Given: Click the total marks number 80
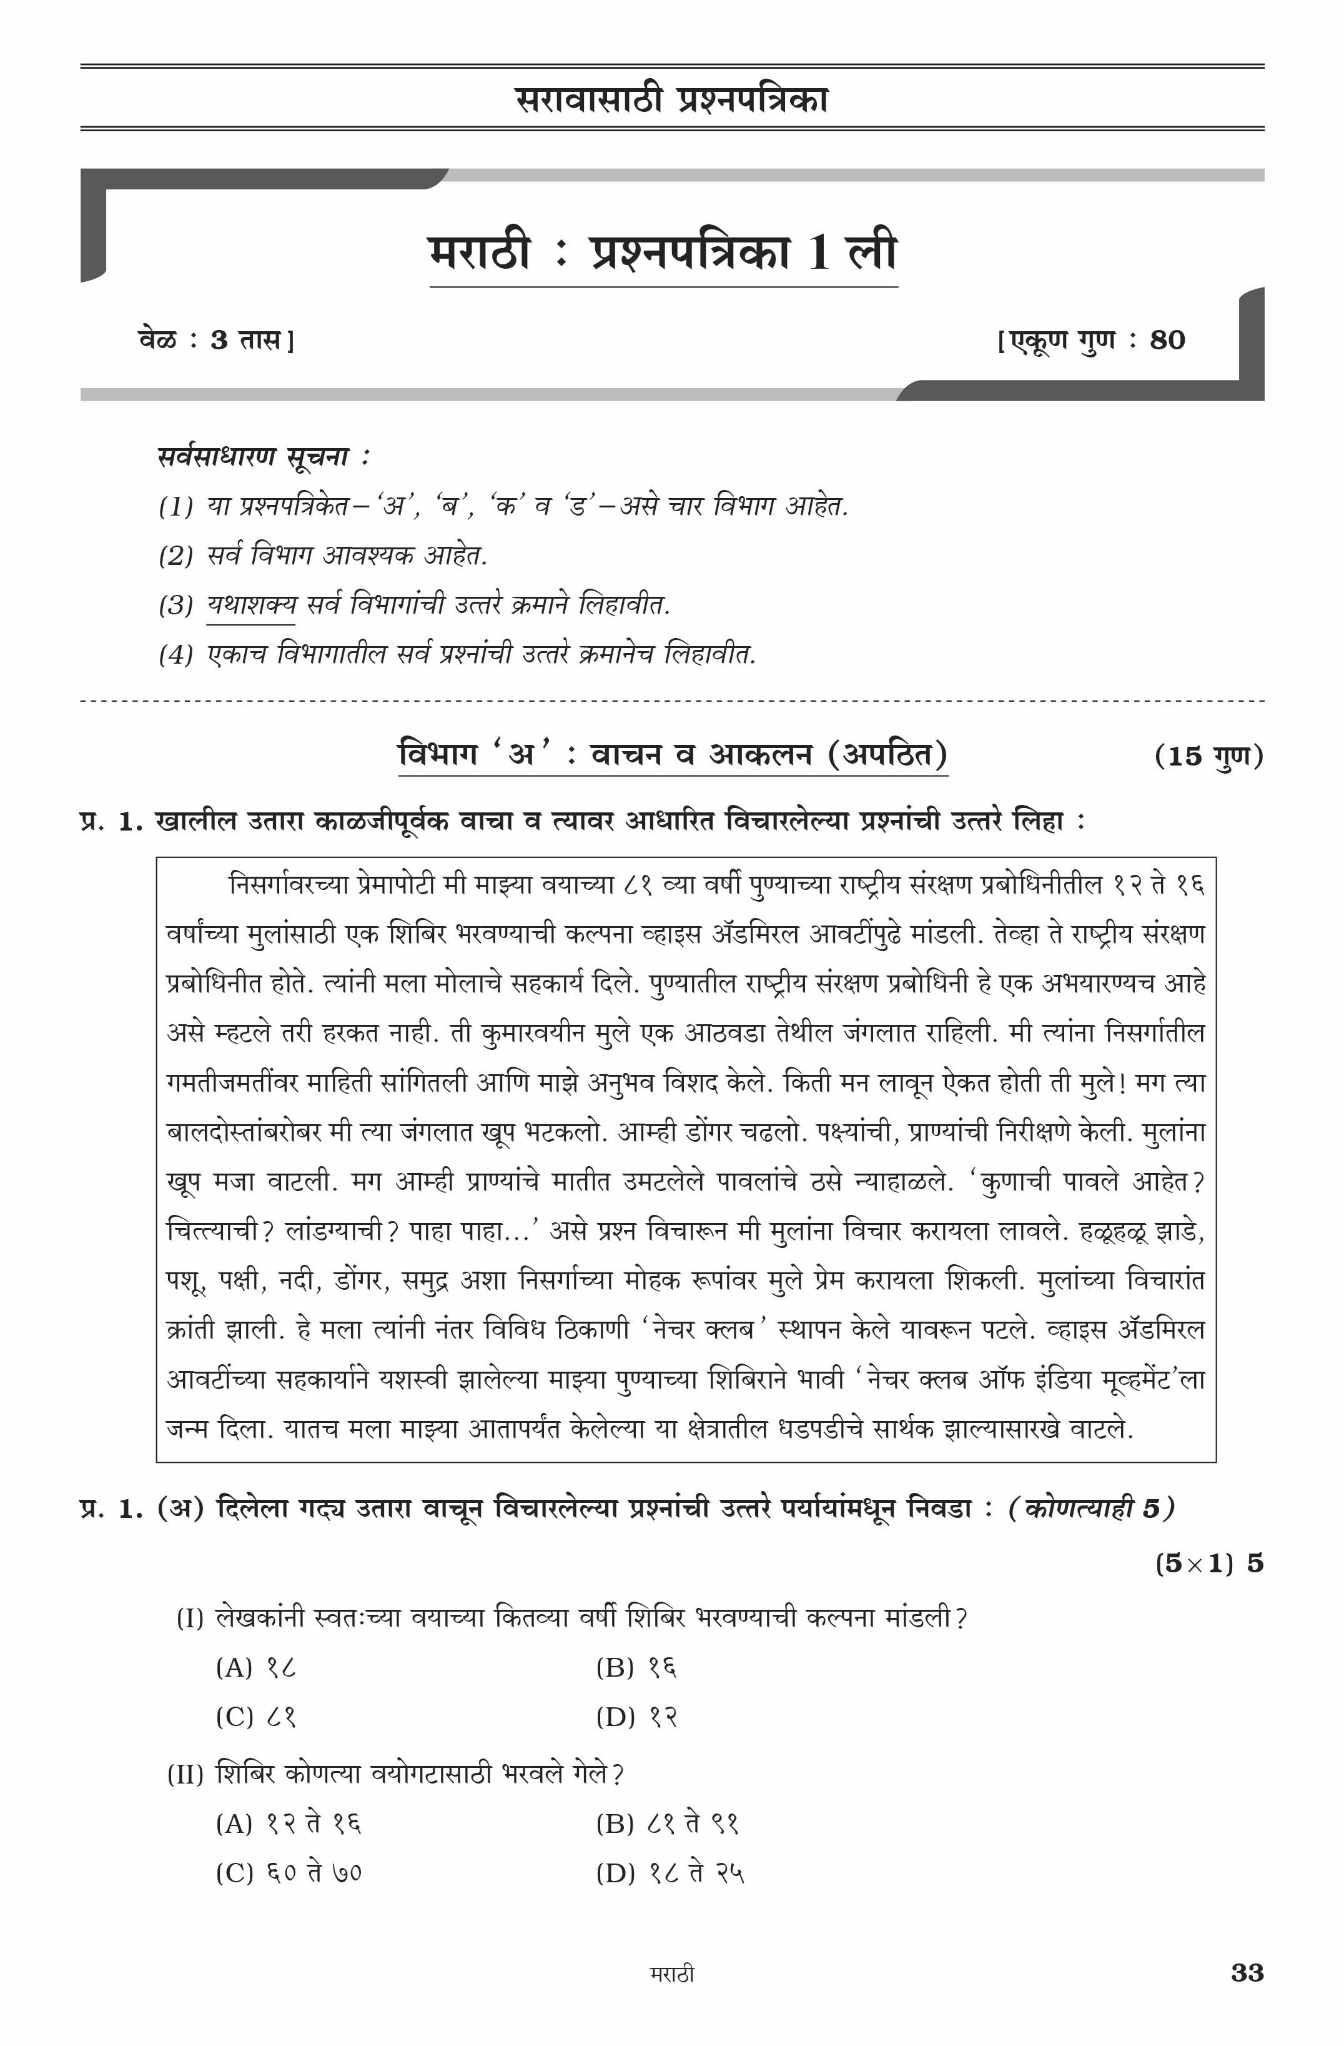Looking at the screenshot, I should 1167,341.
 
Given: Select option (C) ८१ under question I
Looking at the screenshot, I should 256,1717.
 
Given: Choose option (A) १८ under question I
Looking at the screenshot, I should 256,1668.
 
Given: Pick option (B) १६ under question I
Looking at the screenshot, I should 636,1668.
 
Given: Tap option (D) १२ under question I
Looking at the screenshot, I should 636,1717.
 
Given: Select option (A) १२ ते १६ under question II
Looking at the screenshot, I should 289,1824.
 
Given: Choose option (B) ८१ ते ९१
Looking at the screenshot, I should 668,1824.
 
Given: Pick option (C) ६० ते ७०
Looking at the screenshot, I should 289,1872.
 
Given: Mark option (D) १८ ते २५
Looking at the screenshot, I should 670,1872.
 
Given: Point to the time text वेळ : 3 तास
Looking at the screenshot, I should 215,341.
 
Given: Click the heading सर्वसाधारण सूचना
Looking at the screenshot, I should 263,456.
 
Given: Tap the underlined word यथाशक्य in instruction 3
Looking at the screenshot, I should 251,605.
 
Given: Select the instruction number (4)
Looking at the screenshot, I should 175,655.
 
